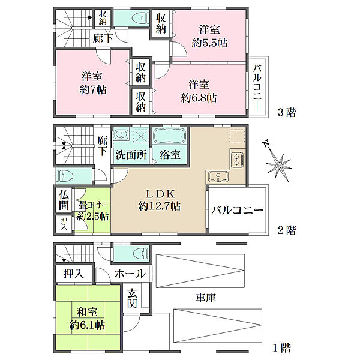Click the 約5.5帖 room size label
(x=209, y=43)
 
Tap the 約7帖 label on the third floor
(x=93, y=90)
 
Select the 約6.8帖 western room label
(x=199, y=98)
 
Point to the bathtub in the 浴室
(x=169, y=137)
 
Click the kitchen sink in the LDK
(x=218, y=176)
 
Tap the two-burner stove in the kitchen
(x=238, y=160)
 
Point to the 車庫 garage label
(x=206, y=298)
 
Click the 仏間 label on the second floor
(x=64, y=200)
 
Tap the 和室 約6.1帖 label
(x=87, y=319)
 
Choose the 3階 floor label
(x=287, y=112)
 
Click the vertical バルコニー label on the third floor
(x=257, y=87)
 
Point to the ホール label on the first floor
(x=130, y=274)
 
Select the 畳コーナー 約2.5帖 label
(x=93, y=211)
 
